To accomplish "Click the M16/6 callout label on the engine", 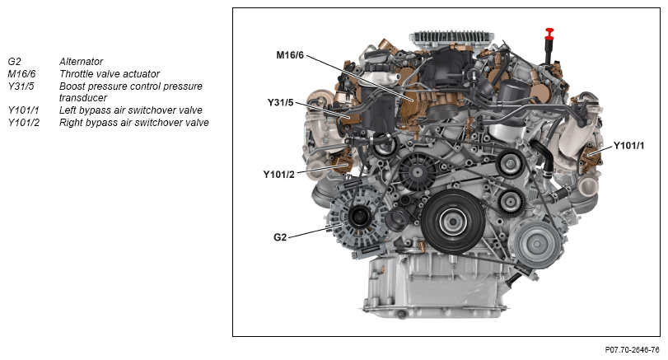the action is [x=290, y=55].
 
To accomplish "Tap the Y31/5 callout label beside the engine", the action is [x=280, y=103].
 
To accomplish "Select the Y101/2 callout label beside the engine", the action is [x=278, y=175].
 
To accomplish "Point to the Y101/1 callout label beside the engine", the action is [x=628, y=146].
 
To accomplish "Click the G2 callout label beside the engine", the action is [x=280, y=237].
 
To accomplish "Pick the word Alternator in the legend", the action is [x=81, y=61].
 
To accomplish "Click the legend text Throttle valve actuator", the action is [x=110, y=73].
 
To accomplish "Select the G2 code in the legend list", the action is [x=15, y=61].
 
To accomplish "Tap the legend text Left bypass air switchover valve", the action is [x=130, y=110].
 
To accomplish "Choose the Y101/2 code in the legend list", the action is [x=23, y=122].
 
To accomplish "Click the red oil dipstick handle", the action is [x=549, y=34].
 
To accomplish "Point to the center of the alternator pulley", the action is [x=357, y=217].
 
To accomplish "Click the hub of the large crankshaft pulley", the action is [x=451, y=221].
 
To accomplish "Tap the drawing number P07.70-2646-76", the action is [x=632, y=350].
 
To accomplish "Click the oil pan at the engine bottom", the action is [x=435, y=283].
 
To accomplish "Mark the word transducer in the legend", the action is [x=83, y=98].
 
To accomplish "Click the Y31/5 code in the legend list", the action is [x=21, y=86].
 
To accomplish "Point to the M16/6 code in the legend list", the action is [x=21, y=73].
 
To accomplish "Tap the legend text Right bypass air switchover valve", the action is [x=133, y=122].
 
